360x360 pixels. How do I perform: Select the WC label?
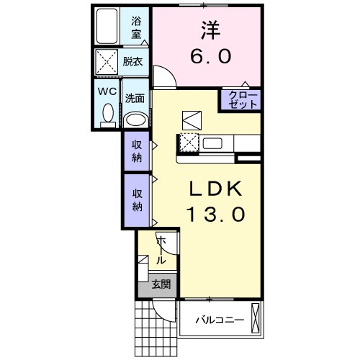pyautogui.click(x=106, y=92)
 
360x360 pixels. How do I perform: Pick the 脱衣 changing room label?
pyautogui.click(x=132, y=62)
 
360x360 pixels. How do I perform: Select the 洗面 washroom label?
pyautogui.click(x=134, y=99)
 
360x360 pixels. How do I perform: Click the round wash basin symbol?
pyautogui.click(x=135, y=120)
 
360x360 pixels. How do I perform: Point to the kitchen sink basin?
pyautogui.click(x=213, y=143)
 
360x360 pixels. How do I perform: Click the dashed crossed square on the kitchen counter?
pyautogui.click(x=189, y=143)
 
